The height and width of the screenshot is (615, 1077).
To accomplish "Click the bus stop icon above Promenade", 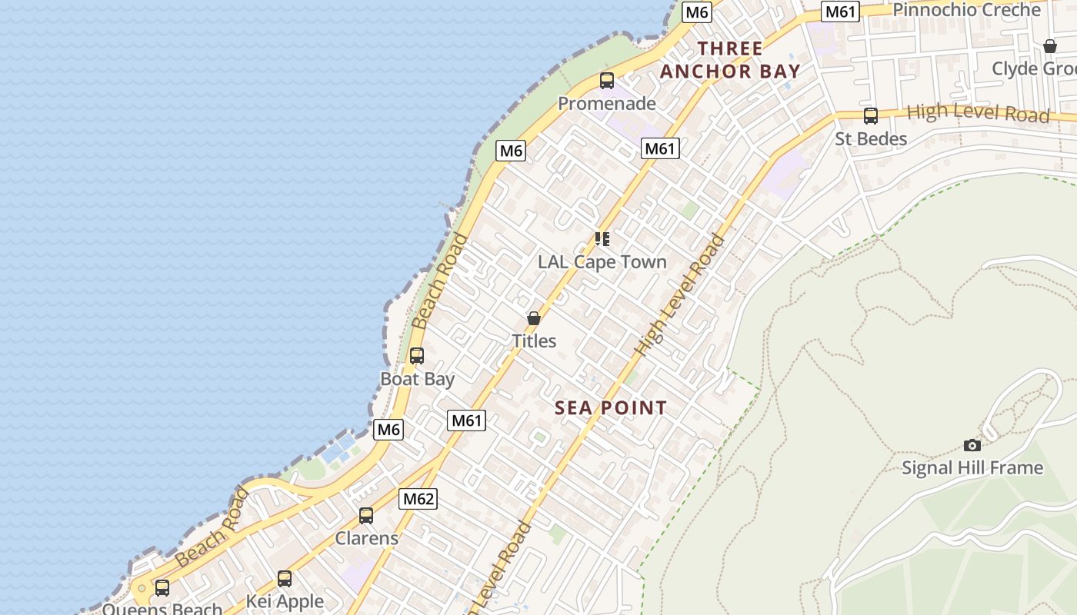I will coord(607,81).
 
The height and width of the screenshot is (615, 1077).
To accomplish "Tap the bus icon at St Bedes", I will coord(871,116).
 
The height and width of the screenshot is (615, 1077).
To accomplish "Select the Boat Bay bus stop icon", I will coord(417,356).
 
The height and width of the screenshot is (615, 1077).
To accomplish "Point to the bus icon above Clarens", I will coord(366,515).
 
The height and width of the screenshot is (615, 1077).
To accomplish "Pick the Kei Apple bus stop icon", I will coord(285,578).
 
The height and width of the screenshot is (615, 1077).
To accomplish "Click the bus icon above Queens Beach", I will coord(162,588).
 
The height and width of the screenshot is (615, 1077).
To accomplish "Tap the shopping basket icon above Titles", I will coord(534,317).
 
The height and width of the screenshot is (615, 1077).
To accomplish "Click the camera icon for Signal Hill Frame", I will coord(972,445).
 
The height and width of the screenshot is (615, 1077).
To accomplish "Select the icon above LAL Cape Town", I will coord(602,239).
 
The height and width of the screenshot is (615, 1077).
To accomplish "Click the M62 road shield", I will coord(418,499).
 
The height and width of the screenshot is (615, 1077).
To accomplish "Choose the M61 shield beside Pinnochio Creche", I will coord(840,12).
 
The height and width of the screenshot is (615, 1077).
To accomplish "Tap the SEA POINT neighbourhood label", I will coord(611,408).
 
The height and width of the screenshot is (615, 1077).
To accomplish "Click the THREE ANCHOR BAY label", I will coord(730,60).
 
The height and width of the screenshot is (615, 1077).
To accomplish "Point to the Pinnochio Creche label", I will coord(966,10).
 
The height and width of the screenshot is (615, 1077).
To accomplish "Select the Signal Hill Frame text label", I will coord(972,467).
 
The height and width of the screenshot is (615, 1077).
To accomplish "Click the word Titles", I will coord(534,341).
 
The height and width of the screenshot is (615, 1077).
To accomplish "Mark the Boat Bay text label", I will coord(418,379).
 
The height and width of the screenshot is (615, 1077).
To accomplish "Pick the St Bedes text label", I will coord(871,139).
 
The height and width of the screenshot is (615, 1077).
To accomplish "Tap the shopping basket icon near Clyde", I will coord(1050,46).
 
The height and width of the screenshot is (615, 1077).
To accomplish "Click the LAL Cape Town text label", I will coord(602,262).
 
